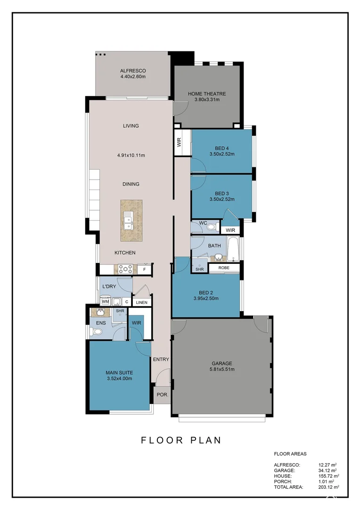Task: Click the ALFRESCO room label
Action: pos(133,71)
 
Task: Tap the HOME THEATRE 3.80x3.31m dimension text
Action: pos(207,99)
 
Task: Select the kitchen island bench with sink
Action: pos(131,221)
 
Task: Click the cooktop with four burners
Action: pos(125,269)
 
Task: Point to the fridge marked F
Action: pos(145,270)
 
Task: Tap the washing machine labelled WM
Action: pos(105,302)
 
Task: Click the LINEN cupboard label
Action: pos(141,303)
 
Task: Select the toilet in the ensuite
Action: pos(97,332)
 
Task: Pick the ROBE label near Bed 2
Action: pos(224,268)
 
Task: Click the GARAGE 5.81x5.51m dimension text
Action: pos(222,369)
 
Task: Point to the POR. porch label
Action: pos(162,395)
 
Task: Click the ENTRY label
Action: pos(161,359)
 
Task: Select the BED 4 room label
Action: pos(222,148)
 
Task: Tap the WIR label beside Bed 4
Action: pos(179,142)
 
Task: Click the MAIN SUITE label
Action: pos(119,373)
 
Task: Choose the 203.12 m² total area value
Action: pos(329,487)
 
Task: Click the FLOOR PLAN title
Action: pos(181,440)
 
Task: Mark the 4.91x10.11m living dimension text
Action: pos(131,156)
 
